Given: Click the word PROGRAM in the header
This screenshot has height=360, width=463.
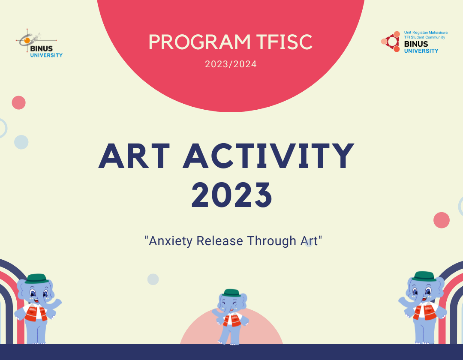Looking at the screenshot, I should (199, 42).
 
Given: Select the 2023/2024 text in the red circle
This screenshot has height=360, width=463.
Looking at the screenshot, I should (231, 64).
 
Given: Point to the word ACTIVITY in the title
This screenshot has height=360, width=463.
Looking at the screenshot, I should (269, 156).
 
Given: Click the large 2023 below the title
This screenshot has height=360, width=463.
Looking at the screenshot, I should (231, 195).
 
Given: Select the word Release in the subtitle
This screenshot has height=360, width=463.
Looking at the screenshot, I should (220, 241).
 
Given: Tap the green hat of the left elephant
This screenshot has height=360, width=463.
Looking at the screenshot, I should (35, 279).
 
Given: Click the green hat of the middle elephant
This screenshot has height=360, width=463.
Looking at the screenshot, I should (231, 292).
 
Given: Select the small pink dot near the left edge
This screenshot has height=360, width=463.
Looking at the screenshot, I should (19, 103).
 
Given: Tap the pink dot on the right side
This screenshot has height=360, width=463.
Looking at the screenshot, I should (442, 220).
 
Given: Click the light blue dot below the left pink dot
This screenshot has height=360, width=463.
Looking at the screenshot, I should (21, 142).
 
